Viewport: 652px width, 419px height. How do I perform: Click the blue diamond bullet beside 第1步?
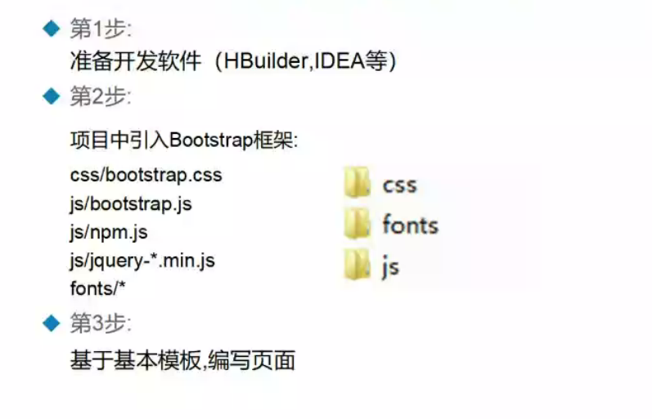tap(52, 29)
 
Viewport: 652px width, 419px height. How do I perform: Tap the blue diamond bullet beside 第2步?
tap(52, 97)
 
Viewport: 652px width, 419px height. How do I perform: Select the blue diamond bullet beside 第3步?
tap(52, 323)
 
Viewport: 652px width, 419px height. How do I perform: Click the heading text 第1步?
tap(101, 29)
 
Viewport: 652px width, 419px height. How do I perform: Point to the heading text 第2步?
tap(101, 97)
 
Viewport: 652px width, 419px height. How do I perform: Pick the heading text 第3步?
tap(101, 323)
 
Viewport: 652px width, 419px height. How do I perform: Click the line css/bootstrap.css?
tap(146, 175)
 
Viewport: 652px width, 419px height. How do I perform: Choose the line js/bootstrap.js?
tap(131, 203)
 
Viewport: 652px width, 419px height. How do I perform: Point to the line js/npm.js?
tap(109, 232)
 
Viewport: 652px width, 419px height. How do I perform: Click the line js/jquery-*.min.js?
tap(143, 261)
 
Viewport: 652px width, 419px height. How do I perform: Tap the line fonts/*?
tap(98, 288)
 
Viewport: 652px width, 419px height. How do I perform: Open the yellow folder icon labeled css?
tap(357, 183)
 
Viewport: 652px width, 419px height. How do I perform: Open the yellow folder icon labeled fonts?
tap(357, 224)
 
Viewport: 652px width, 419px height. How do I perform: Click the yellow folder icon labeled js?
tap(357, 265)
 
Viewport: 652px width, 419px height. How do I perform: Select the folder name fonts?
tap(410, 225)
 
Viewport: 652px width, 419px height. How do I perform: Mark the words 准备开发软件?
tap(136, 62)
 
